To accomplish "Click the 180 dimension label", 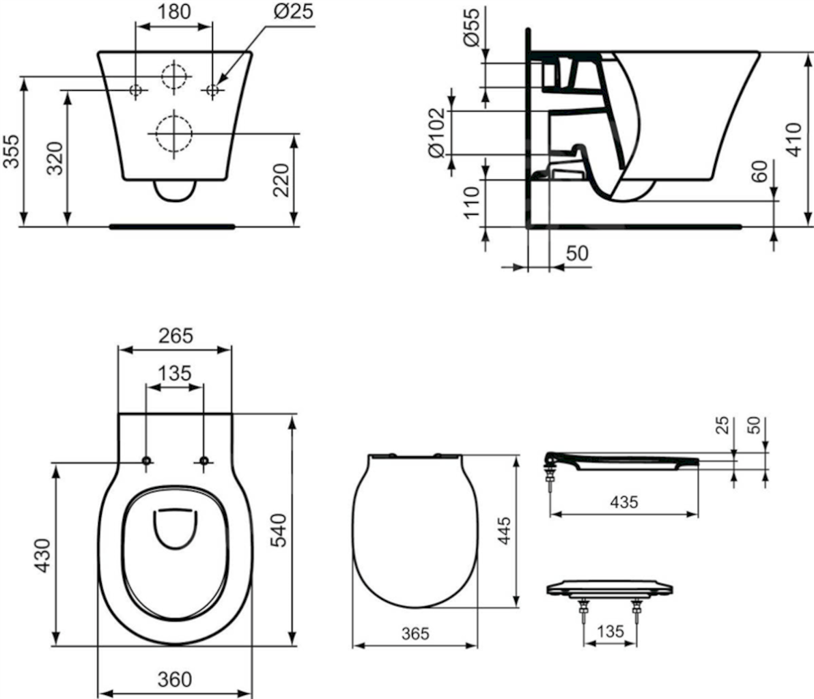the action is pyautogui.click(x=174, y=12).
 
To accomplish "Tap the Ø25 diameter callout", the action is pyautogui.click(x=294, y=12).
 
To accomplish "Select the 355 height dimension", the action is pyautogui.click(x=12, y=152).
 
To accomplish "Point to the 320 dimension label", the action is pyautogui.click(x=55, y=158).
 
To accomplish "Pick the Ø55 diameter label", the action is pyautogui.click(x=473, y=27).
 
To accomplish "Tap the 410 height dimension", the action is pyautogui.click(x=794, y=139).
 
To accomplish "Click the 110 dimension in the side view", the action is pyautogui.click(x=472, y=203).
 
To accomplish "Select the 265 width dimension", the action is pyautogui.click(x=176, y=337).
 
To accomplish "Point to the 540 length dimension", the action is pyautogui.click(x=279, y=530).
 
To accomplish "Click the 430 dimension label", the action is pyautogui.click(x=42, y=556).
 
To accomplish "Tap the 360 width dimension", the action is pyautogui.click(x=175, y=679).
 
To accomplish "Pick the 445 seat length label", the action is pyautogui.click(x=504, y=530).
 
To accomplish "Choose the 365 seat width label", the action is pyautogui.click(x=415, y=633).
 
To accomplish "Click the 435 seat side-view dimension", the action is pyautogui.click(x=624, y=502).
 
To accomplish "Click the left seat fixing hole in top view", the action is pyautogui.click(x=146, y=460).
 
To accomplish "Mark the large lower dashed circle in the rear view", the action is pyautogui.click(x=174, y=133).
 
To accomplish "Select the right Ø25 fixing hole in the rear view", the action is pyautogui.click(x=212, y=90).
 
